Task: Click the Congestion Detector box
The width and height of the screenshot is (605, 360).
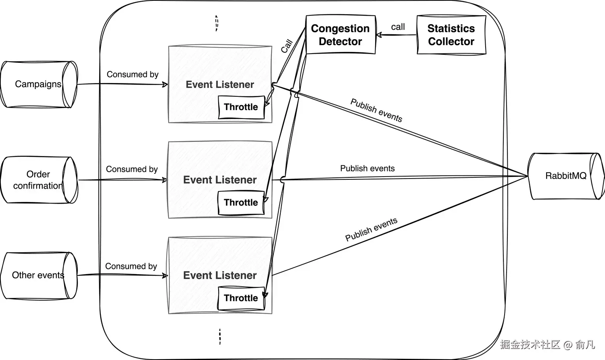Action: tap(340, 35)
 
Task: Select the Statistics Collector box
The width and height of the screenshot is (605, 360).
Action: tap(451, 35)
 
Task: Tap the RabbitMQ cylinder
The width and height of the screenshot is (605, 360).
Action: tap(565, 176)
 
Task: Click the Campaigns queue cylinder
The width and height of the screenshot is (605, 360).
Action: tap(38, 84)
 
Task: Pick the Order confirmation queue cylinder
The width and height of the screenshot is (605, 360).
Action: tap(38, 180)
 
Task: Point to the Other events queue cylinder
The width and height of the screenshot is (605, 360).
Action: tap(38, 275)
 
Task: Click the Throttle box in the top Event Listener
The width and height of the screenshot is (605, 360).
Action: tap(241, 107)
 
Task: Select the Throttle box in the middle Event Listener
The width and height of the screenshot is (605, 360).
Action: tap(241, 203)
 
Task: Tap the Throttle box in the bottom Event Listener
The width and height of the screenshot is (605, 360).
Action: tap(241, 298)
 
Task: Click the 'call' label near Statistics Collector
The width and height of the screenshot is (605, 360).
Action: tap(398, 27)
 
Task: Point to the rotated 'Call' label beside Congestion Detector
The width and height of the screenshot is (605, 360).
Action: tap(286, 46)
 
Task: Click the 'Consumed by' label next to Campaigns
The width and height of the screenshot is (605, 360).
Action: tap(132, 75)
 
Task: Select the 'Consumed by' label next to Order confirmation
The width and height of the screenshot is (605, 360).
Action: tap(131, 169)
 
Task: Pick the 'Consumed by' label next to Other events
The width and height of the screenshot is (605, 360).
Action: tap(131, 266)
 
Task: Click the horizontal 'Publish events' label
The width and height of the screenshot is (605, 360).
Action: tap(367, 169)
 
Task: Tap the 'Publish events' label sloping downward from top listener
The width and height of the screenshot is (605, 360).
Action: tap(376, 110)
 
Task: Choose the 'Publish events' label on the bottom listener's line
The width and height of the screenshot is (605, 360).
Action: tap(371, 229)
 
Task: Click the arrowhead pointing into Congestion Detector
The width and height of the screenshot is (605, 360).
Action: tap(379, 35)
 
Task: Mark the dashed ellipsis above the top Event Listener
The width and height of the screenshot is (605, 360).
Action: tap(217, 23)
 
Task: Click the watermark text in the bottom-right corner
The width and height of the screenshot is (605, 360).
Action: tap(547, 345)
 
